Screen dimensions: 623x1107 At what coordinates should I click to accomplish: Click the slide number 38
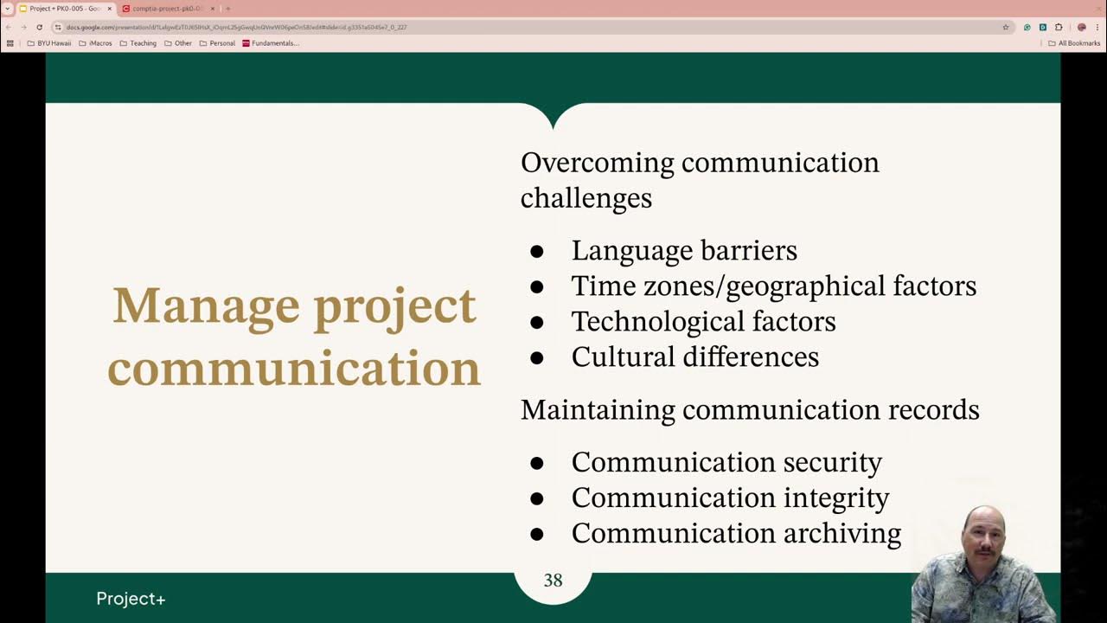coord(553,581)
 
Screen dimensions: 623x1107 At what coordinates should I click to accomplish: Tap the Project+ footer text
coord(131,599)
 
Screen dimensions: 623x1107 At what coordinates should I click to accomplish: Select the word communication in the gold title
coord(294,368)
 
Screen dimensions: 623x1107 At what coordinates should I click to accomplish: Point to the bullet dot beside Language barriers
coord(536,252)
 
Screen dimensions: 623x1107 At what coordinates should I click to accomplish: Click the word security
coord(832,463)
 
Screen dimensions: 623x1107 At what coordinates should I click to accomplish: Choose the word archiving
coord(841,534)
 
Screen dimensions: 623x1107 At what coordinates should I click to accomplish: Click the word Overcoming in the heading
coord(597,163)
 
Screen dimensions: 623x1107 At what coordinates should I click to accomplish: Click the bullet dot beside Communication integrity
coord(536,499)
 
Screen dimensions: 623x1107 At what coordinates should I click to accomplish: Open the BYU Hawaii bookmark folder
coord(49,43)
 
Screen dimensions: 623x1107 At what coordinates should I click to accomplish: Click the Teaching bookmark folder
coord(138,43)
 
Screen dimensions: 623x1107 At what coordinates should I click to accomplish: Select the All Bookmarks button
coord(1074,43)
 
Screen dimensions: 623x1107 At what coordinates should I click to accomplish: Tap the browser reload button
coord(39,27)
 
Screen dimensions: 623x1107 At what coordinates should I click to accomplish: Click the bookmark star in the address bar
coord(1006,27)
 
